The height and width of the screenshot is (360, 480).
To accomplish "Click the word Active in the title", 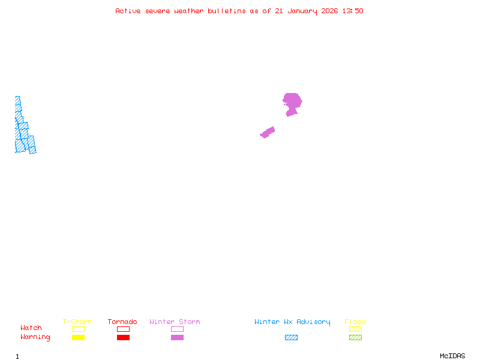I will click(128, 11).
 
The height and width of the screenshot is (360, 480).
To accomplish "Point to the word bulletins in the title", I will click(227, 11).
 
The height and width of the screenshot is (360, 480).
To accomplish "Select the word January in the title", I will click(302, 11).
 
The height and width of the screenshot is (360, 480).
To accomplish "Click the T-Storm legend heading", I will click(77, 322).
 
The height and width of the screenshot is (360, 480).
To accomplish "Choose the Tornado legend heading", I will click(122, 322).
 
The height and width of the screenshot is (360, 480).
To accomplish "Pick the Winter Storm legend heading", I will click(175, 322).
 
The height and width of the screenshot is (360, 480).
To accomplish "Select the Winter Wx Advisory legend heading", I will click(292, 322).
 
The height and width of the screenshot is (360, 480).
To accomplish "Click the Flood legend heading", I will click(355, 322).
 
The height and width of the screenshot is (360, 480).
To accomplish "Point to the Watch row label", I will click(31, 328).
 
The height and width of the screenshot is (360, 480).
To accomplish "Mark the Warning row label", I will click(35, 337).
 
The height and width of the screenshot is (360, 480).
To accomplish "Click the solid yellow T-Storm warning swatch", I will click(78, 338).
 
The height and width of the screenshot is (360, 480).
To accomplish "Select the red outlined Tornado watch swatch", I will click(123, 329).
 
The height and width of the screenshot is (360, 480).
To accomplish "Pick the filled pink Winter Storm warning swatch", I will click(177, 338).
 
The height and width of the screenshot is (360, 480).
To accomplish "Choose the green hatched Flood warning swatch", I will click(355, 338).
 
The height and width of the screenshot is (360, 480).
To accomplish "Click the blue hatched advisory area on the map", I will click(23, 135).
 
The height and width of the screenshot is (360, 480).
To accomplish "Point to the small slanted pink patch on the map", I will click(268, 132).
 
